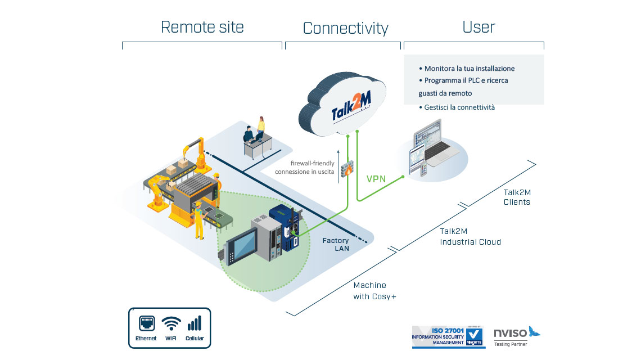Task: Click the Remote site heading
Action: (202, 27)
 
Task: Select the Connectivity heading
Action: (345, 28)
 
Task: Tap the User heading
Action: (479, 27)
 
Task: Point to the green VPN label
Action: (377, 179)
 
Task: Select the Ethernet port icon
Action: (146, 325)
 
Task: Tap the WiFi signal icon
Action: (171, 325)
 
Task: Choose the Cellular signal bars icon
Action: (194, 323)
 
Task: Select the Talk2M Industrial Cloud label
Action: (470, 236)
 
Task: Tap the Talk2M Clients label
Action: (517, 197)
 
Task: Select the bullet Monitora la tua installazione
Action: (470, 69)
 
